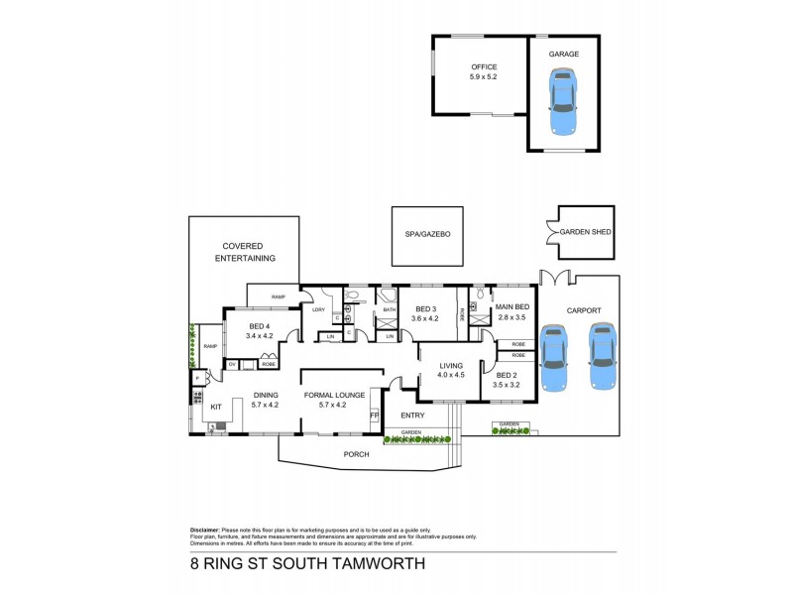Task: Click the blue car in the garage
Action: (563, 102)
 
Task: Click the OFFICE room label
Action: (484, 66)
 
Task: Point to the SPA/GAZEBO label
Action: (428, 234)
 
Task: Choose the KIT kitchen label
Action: (215, 407)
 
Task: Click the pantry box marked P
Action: (197, 379)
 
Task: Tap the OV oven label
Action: (232, 364)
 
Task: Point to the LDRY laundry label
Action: (318, 310)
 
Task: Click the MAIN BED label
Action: (512, 306)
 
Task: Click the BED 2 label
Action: (508, 374)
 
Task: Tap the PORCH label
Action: (356, 454)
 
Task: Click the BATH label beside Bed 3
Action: (389, 310)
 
